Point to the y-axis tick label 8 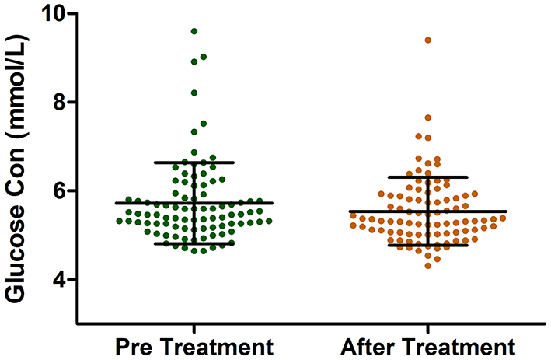[59, 102]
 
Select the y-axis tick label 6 [59, 190]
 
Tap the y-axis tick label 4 [59, 279]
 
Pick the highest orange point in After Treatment [428, 40]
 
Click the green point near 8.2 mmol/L [194, 93]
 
